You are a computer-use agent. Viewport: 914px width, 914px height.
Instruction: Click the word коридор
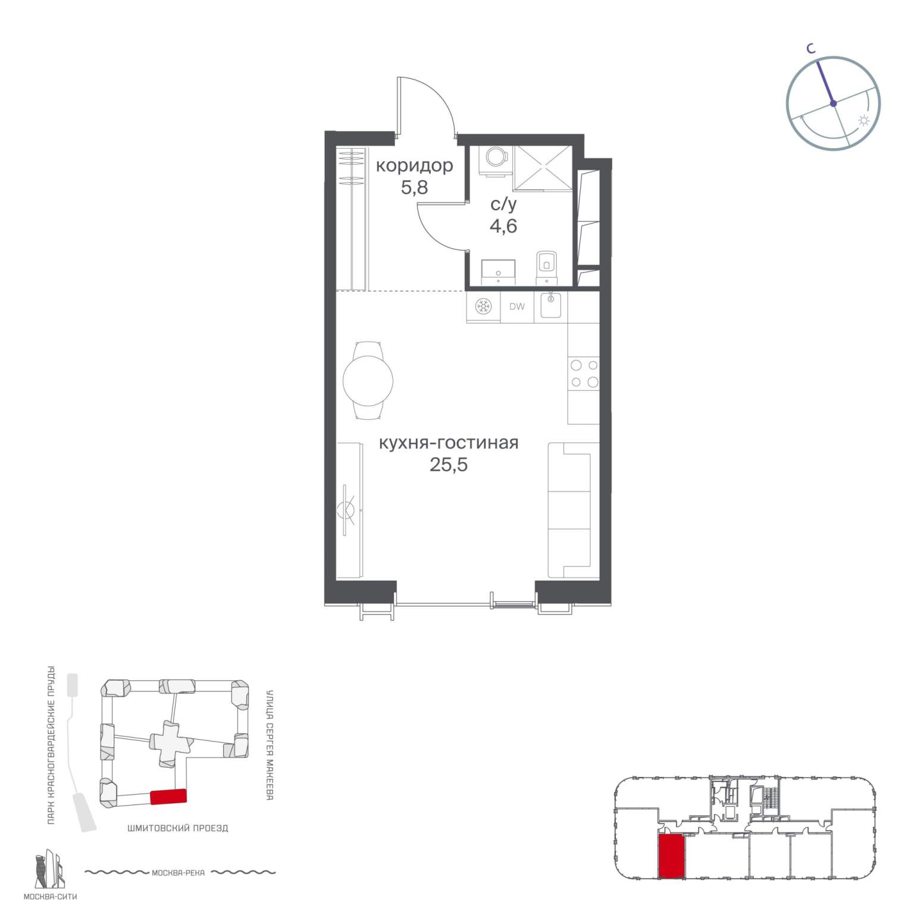pos(414,165)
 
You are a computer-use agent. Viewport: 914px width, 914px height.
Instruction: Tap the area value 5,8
pos(414,188)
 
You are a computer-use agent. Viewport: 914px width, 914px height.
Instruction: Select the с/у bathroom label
pos(503,205)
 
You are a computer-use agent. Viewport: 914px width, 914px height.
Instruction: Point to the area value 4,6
pos(503,226)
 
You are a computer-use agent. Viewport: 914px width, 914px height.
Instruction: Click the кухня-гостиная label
pos(449,443)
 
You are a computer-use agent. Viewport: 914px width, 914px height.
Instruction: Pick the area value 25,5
pos(449,465)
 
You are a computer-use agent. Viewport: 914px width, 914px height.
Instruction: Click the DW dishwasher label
pos(517,307)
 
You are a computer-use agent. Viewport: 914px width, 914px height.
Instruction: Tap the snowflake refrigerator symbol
pos(483,306)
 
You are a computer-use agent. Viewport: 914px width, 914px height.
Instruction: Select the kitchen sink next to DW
pos(551,306)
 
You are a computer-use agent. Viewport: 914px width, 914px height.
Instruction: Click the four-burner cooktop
pos(584,374)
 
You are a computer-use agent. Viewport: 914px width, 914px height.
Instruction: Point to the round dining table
pos(368,380)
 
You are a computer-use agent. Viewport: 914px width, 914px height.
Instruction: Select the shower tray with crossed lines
pos(543,168)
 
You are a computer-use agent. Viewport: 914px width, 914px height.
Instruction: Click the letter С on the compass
pos(810,49)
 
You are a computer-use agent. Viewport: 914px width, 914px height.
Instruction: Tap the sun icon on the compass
pos(863,121)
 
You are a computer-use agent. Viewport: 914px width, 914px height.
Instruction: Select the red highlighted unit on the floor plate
pos(672,856)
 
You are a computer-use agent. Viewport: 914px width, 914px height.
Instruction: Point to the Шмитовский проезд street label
pos(178,828)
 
